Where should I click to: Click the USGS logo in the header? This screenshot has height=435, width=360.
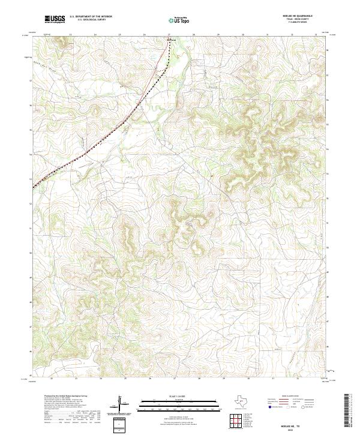click(55, 19)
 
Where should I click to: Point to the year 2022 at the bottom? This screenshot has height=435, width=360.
click(304, 428)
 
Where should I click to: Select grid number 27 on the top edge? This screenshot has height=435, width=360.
click(169, 35)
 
